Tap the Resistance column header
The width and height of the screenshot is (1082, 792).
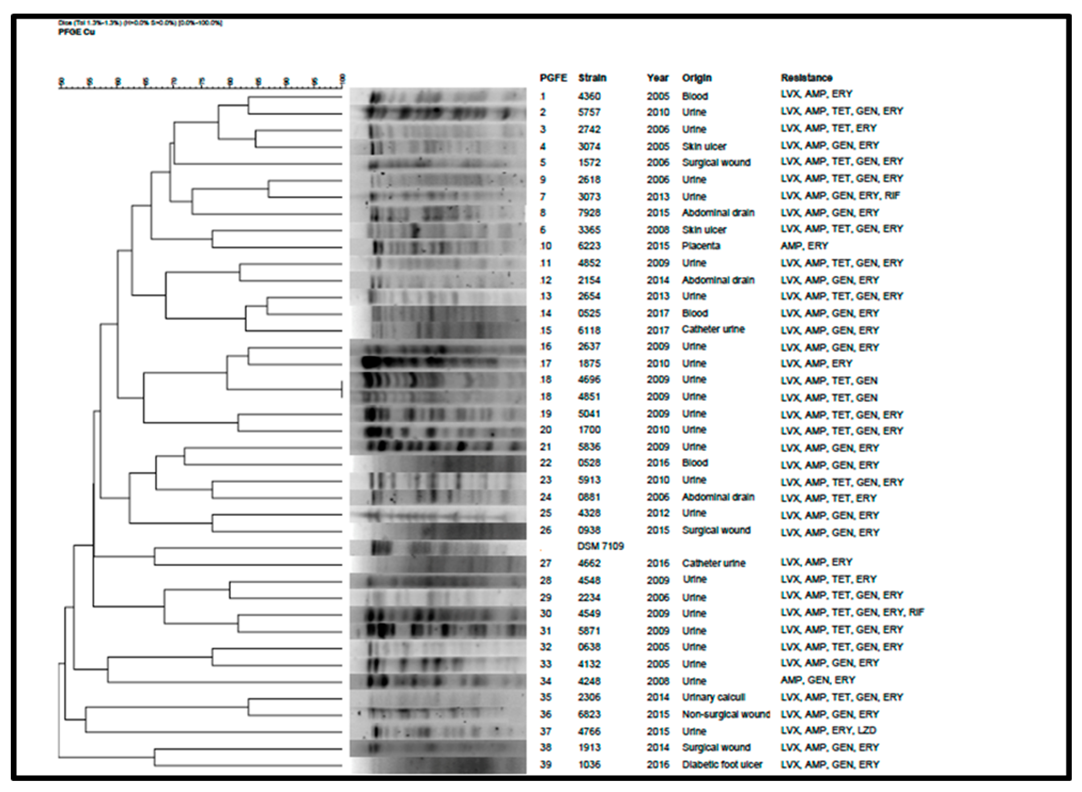coord(807,78)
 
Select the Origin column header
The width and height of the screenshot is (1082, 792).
coord(697,78)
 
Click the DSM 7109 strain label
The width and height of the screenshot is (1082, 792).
coord(601,546)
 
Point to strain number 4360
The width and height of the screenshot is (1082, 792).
coord(589,96)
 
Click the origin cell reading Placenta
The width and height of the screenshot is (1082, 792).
coord(701,246)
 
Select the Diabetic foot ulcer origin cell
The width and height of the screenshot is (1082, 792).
coord(722,765)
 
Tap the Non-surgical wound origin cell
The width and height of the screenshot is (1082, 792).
coord(725,714)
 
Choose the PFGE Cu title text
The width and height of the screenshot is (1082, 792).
coord(77,32)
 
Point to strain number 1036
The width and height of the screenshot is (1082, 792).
coord(589,765)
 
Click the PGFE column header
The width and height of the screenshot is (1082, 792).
coord(553,78)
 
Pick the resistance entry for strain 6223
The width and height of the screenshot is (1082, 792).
coord(804,246)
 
